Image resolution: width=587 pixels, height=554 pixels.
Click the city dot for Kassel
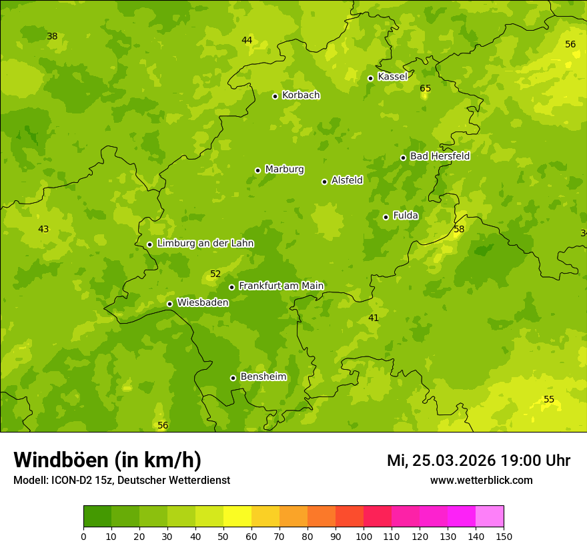click(x=370, y=78)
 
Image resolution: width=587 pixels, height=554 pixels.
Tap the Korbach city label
click(x=301, y=95)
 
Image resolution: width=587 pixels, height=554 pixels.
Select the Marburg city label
click(x=284, y=170)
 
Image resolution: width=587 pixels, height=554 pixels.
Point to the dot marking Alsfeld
click(x=324, y=182)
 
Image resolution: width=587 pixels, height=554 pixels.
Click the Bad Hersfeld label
click(x=440, y=156)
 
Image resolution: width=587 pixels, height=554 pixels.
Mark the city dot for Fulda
click(x=386, y=217)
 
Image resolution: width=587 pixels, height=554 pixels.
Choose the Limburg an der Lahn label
click(x=205, y=244)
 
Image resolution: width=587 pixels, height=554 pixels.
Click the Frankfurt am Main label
click(x=281, y=286)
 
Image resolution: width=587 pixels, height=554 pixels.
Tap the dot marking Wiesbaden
click(x=169, y=304)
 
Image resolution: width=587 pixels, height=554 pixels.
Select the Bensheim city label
click(x=263, y=376)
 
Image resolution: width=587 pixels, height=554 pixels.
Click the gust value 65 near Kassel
click(x=425, y=88)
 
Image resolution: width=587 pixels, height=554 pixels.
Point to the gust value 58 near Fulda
click(x=459, y=229)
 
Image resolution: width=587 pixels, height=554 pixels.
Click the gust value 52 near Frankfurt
click(x=215, y=274)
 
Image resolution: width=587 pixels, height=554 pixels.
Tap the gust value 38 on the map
click(x=52, y=36)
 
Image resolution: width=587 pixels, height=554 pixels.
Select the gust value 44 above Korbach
click(x=247, y=40)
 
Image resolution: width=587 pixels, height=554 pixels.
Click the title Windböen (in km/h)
click(x=107, y=460)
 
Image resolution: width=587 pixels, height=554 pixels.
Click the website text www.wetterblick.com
click(x=481, y=480)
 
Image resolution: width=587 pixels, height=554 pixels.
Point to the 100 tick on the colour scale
click(x=364, y=536)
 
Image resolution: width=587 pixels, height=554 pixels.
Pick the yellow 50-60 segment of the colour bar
click(x=237, y=516)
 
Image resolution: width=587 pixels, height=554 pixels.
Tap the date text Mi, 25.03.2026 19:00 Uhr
click(x=478, y=461)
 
